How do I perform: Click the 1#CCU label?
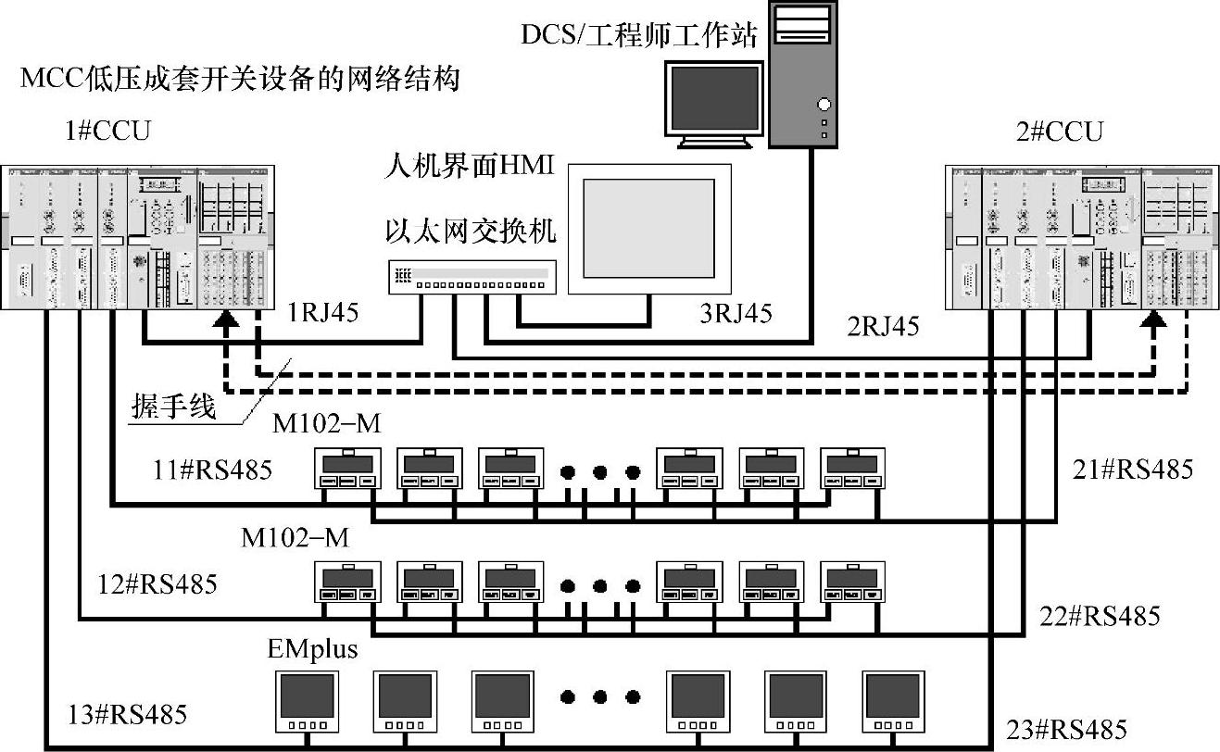(x=107, y=131)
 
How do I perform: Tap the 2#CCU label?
(x=1059, y=132)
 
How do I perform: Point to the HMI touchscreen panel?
(x=648, y=228)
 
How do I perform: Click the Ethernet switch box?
(x=473, y=275)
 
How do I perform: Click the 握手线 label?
(x=173, y=407)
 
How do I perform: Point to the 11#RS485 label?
(x=213, y=470)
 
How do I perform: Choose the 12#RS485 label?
(x=157, y=584)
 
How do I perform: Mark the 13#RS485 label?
(x=128, y=714)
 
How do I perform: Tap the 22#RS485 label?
(x=1100, y=616)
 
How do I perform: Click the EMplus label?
(x=312, y=649)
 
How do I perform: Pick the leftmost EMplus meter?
(x=307, y=700)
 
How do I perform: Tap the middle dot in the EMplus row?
(x=599, y=697)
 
